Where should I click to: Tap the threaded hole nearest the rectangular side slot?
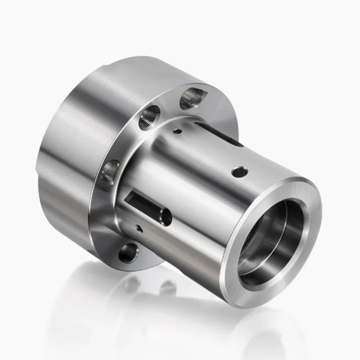pyautogui.click(x=109, y=172)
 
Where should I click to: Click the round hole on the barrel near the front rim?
pyautogui.click(x=239, y=172)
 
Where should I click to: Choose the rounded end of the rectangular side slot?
pyautogui.click(x=165, y=216)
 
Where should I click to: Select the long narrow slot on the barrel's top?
pyautogui.click(x=220, y=135)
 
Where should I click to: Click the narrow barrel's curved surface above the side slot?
pyautogui.click(x=180, y=171)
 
